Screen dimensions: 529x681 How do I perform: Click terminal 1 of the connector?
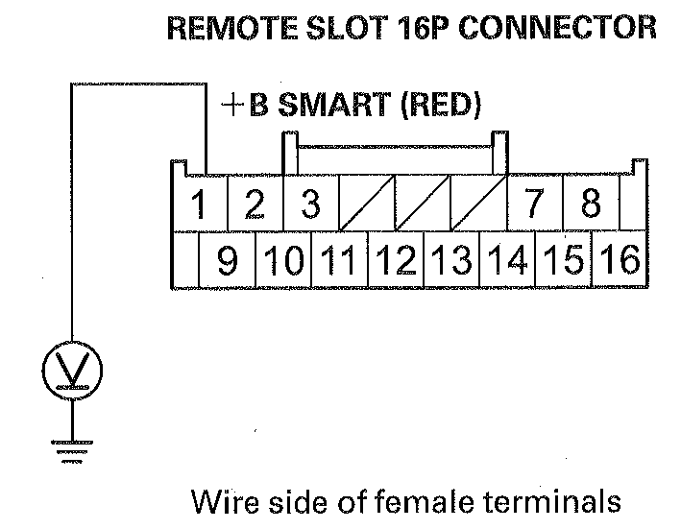click(199, 204)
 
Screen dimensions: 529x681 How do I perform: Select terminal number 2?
click(254, 204)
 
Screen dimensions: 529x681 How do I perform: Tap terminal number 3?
click(310, 204)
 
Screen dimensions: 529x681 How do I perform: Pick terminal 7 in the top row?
click(535, 204)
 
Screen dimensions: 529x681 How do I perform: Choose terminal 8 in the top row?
click(591, 204)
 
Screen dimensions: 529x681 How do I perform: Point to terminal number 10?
click(283, 260)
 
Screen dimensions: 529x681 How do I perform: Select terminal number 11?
click(339, 260)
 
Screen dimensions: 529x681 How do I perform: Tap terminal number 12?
click(395, 260)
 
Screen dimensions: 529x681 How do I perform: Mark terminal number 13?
click(450, 260)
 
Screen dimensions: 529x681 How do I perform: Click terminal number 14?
click(506, 260)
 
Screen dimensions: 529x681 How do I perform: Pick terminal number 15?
click(563, 260)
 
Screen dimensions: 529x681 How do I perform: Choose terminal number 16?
click(620, 260)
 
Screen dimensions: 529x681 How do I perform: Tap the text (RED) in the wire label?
click(437, 104)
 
